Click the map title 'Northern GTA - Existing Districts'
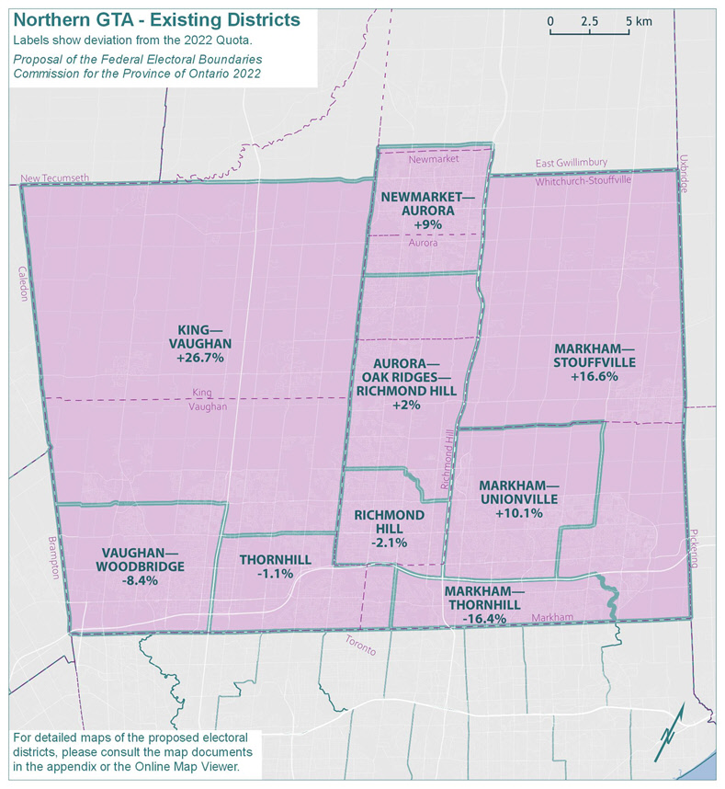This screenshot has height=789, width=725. coord(157,19)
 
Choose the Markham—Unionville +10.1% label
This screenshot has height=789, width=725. coord(518,498)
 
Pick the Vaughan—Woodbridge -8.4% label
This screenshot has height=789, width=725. coord(143,566)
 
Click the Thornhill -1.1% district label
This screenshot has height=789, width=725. coord(266,566)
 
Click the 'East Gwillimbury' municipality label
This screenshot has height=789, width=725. coord(572,162)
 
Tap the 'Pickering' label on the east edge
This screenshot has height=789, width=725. coord(692,549)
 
